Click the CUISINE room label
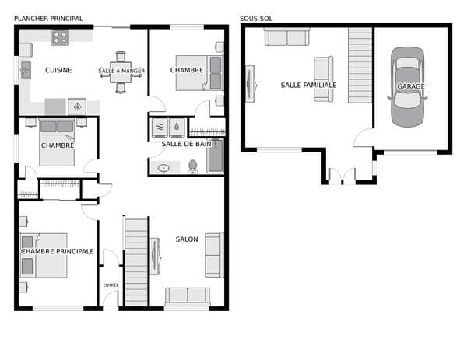click(58, 70)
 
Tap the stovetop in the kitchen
click(60, 37)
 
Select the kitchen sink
click(26, 70)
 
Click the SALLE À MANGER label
click(121, 71)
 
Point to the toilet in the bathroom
click(193, 166)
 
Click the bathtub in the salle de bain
click(216, 156)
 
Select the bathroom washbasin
click(163, 169)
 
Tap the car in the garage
click(407, 87)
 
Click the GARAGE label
click(411, 86)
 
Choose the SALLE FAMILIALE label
click(308, 85)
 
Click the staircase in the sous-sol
click(360, 65)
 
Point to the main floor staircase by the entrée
click(136, 262)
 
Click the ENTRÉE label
click(111, 285)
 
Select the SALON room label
click(187, 239)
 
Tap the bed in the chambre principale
click(43, 255)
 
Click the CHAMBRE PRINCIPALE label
click(57, 251)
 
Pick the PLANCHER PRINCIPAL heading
click(48, 19)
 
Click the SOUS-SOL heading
click(256, 19)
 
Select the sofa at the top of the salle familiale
click(286, 37)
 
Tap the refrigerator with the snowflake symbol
click(77, 107)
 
